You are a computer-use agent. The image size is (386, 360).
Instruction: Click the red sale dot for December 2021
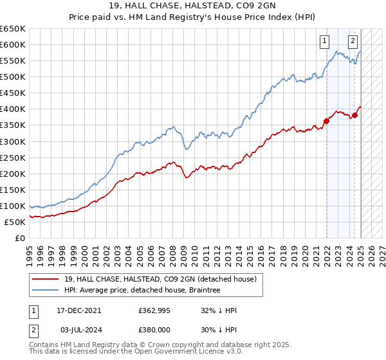[326, 120]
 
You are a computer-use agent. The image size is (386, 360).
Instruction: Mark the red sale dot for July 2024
[355, 115]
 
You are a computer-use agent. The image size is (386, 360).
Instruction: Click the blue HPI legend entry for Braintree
[142, 290]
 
